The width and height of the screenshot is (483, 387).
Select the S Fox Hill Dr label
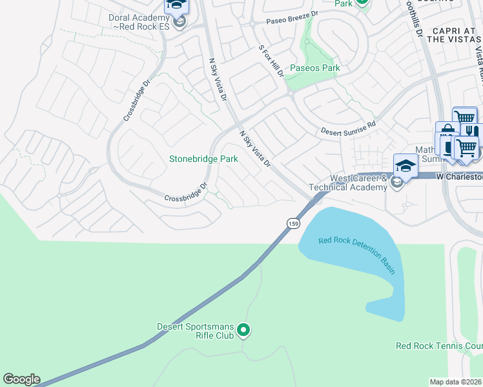click(271, 61)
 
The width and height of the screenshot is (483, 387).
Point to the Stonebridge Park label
click(203, 159)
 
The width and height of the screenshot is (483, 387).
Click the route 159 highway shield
click(293, 223)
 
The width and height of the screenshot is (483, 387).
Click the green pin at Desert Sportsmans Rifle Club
click(243, 331)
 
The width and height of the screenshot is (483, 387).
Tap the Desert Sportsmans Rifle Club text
click(196, 331)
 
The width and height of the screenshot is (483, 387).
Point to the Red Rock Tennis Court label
click(438, 346)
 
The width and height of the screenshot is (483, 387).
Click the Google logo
click(21, 379)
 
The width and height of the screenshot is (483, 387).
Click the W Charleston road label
click(459, 176)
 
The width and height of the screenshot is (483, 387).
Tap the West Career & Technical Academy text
click(358, 183)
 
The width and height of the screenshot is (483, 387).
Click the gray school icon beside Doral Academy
click(181, 23)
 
